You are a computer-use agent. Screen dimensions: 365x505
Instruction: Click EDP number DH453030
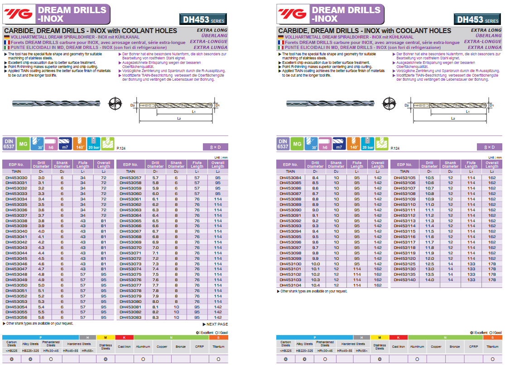pyautogui.click(x=16, y=177)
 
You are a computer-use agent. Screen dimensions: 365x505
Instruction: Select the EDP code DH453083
pyautogui.click(x=130, y=317)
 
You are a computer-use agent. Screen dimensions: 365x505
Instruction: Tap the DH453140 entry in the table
pyautogui.click(x=404, y=280)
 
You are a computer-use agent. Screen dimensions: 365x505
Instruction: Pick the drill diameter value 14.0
pyautogui.click(x=429, y=280)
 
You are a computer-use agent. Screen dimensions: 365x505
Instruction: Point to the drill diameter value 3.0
pyautogui.click(x=41, y=177)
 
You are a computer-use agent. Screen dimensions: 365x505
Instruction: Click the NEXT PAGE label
pyautogui.click(x=215, y=324)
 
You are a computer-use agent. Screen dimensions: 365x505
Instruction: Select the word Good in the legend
pyautogui.click(x=497, y=332)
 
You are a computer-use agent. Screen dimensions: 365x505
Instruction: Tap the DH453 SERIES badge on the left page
pyautogui.click(x=203, y=19)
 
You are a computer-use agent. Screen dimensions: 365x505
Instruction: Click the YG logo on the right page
pyautogui.click(x=292, y=15)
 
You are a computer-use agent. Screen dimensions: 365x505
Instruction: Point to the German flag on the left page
pyautogui.click(x=7, y=37)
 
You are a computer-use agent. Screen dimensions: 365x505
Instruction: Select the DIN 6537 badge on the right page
pyautogui.click(x=283, y=144)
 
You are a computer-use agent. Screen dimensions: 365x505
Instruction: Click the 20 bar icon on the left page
pyautogui.click(x=93, y=144)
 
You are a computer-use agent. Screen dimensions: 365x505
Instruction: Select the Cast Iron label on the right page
pyautogui.click(x=399, y=347)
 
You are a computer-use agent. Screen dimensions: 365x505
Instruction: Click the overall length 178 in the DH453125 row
pyautogui.click(x=492, y=263)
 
